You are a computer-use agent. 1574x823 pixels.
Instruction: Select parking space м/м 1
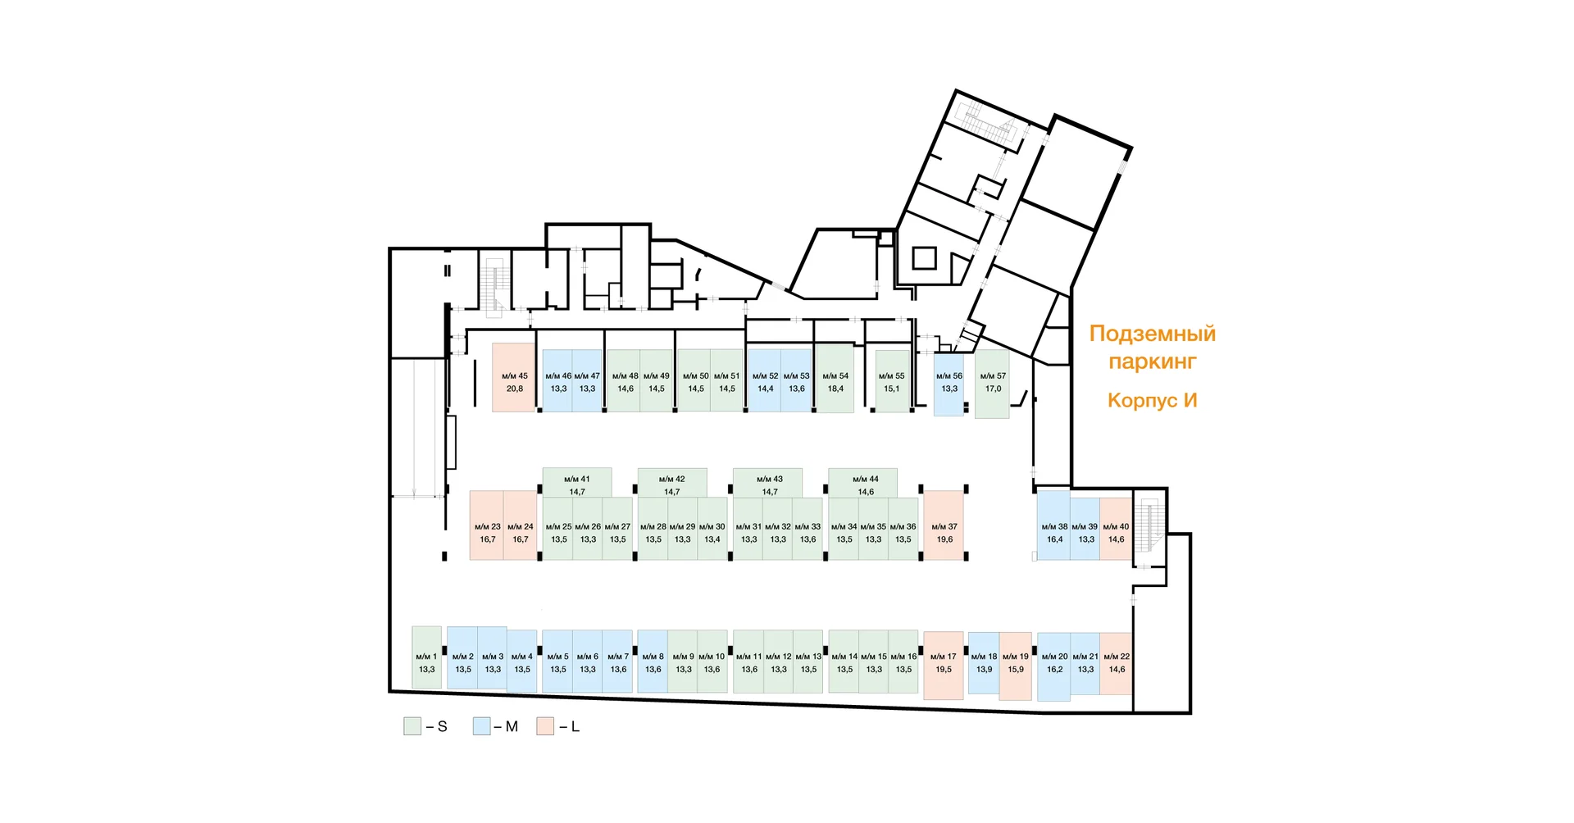pyautogui.click(x=426, y=658)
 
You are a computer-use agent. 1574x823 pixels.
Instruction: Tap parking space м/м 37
pyautogui.click(x=944, y=525)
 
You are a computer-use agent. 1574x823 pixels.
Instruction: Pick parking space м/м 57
pyautogui.click(x=992, y=383)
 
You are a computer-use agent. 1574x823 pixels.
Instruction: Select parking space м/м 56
pyautogui.click(x=948, y=383)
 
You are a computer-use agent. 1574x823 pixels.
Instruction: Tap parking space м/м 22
pyautogui.click(x=1116, y=663)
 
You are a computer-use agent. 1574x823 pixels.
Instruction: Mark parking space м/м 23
pyautogui.click(x=487, y=525)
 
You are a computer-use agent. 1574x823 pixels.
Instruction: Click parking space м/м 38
pyautogui.click(x=1053, y=525)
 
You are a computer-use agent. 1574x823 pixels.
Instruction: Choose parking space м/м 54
pyautogui.click(x=835, y=378)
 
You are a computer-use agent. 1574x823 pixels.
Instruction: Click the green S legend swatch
pyautogui.click(x=412, y=726)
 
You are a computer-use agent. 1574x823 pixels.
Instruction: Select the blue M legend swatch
pyautogui.click(x=481, y=726)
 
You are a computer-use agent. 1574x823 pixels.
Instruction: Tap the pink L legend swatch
pyautogui.click(x=545, y=726)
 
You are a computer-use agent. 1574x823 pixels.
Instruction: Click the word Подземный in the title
pyautogui.click(x=1152, y=334)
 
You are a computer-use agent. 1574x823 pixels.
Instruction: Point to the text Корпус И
pyautogui.click(x=1152, y=400)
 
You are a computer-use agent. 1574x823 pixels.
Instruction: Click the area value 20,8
pyautogui.click(x=514, y=389)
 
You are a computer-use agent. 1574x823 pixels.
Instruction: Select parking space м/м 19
pyautogui.click(x=1015, y=663)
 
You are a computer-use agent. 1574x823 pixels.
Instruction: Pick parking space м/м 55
pyautogui.click(x=892, y=381)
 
